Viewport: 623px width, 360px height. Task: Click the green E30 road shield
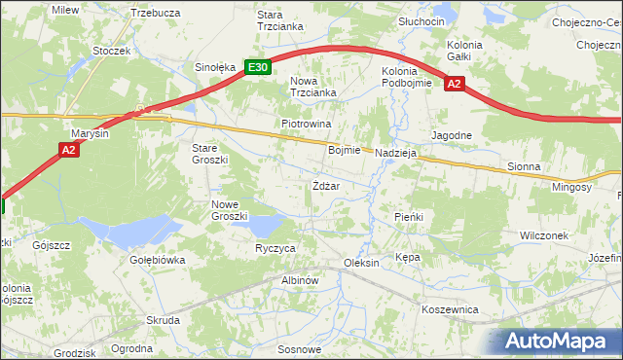pyautogui.click(x=257, y=67)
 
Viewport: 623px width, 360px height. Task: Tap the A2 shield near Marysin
pyautogui.click(x=68, y=150)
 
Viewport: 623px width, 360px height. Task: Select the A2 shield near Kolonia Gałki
pyautogui.click(x=454, y=85)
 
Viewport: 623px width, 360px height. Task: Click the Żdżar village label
pyautogui.click(x=326, y=186)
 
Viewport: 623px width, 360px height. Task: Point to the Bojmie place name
pyautogui.click(x=345, y=151)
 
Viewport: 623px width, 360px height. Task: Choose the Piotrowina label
pyautogui.click(x=307, y=125)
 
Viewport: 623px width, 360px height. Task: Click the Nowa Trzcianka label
pyautogui.click(x=313, y=87)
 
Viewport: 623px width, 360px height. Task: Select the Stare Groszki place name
pyautogui.click(x=209, y=153)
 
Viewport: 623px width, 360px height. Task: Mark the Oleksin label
pyautogui.click(x=361, y=264)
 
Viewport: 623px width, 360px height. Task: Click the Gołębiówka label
pyautogui.click(x=157, y=261)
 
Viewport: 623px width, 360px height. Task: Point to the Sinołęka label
pyautogui.click(x=215, y=68)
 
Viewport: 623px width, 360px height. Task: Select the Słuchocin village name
pyautogui.click(x=421, y=21)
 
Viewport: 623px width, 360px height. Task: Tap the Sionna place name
pyautogui.click(x=524, y=167)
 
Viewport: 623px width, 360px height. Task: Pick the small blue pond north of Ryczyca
pyautogui.click(x=262, y=226)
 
